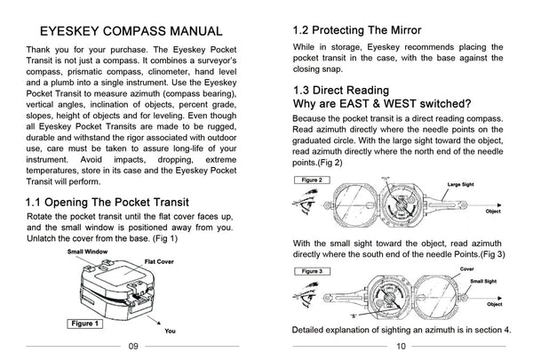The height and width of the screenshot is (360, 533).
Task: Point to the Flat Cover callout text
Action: pos(162,264)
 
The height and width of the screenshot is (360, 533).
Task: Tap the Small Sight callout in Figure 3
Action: pos(482,280)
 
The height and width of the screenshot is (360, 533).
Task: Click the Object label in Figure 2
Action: pos(493,212)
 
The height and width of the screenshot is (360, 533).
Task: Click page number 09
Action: pos(133,348)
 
